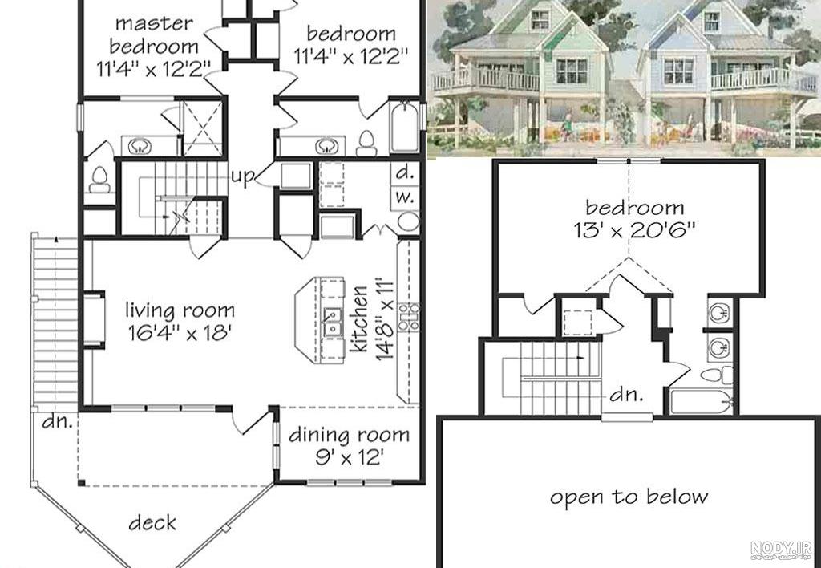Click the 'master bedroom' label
[x=154, y=35]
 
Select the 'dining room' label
[x=350, y=435]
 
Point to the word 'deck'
[x=152, y=522]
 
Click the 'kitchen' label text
[x=360, y=319]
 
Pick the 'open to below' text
[x=629, y=497]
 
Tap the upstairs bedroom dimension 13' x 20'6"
[x=634, y=230]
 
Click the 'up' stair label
[x=242, y=176]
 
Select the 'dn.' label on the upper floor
[x=626, y=394]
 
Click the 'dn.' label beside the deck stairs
[x=58, y=421]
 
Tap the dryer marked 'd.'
[x=405, y=172]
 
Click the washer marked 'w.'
[x=405, y=197]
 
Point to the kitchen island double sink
[x=331, y=323]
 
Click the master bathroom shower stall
[x=201, y=128]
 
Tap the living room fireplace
[x=95, y=319]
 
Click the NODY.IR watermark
[x=781, y=550]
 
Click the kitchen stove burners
[x=408, y=317]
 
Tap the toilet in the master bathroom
[x=99, y=179]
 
